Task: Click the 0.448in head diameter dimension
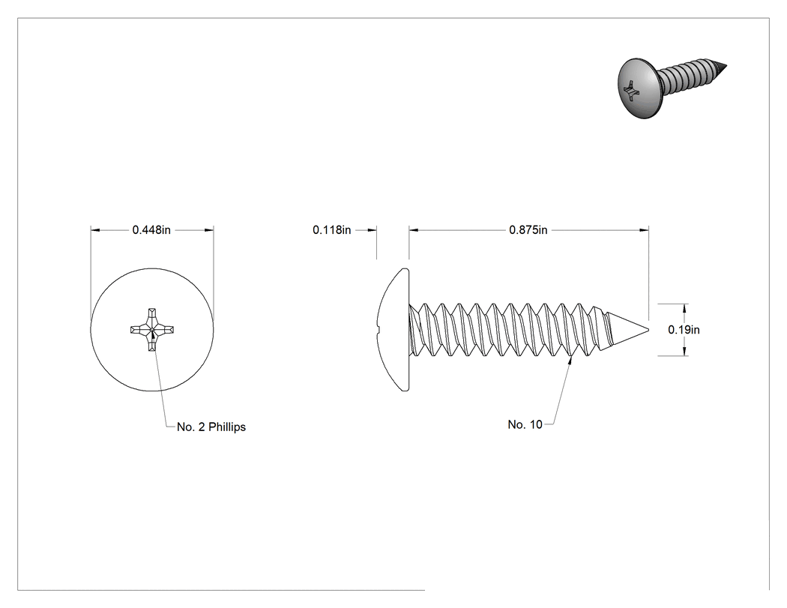151,230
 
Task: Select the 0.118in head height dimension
332,230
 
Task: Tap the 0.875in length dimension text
528,230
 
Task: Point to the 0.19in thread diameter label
684,330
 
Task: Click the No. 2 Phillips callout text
211,427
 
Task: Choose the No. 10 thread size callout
525,424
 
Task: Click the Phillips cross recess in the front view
152,330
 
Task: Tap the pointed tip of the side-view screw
648,330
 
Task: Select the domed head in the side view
393,329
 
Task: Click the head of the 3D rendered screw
636,88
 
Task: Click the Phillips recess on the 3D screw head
630,91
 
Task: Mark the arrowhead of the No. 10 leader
570,361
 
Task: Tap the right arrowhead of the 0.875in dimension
644,230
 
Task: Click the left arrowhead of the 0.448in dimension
95,230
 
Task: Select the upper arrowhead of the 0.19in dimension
685,308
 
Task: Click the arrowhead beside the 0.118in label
372,230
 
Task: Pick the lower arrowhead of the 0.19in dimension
685,351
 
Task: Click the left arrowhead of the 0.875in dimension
414,230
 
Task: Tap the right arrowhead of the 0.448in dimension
209,230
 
